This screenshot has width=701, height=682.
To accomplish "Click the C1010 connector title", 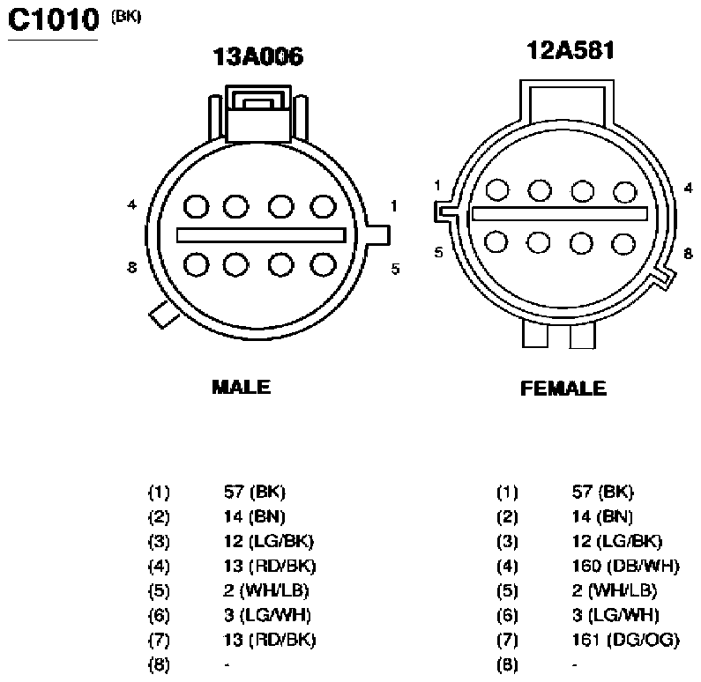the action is coord(53,20).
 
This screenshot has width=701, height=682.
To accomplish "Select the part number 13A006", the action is coord(258,56).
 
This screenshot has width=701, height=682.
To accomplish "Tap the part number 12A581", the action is coord(570,50).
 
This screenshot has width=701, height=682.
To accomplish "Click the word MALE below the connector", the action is coord(241,387).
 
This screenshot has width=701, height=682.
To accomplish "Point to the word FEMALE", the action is coord(563,388).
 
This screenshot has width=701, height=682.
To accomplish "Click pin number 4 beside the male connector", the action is coord(131,204).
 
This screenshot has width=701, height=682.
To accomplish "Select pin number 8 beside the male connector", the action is coord(131,268).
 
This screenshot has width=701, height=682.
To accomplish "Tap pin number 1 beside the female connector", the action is coord(437,185).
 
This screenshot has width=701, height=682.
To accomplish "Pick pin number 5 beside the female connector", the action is coord(438,252).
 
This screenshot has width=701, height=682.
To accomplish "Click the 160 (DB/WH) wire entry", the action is coord(625,566).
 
